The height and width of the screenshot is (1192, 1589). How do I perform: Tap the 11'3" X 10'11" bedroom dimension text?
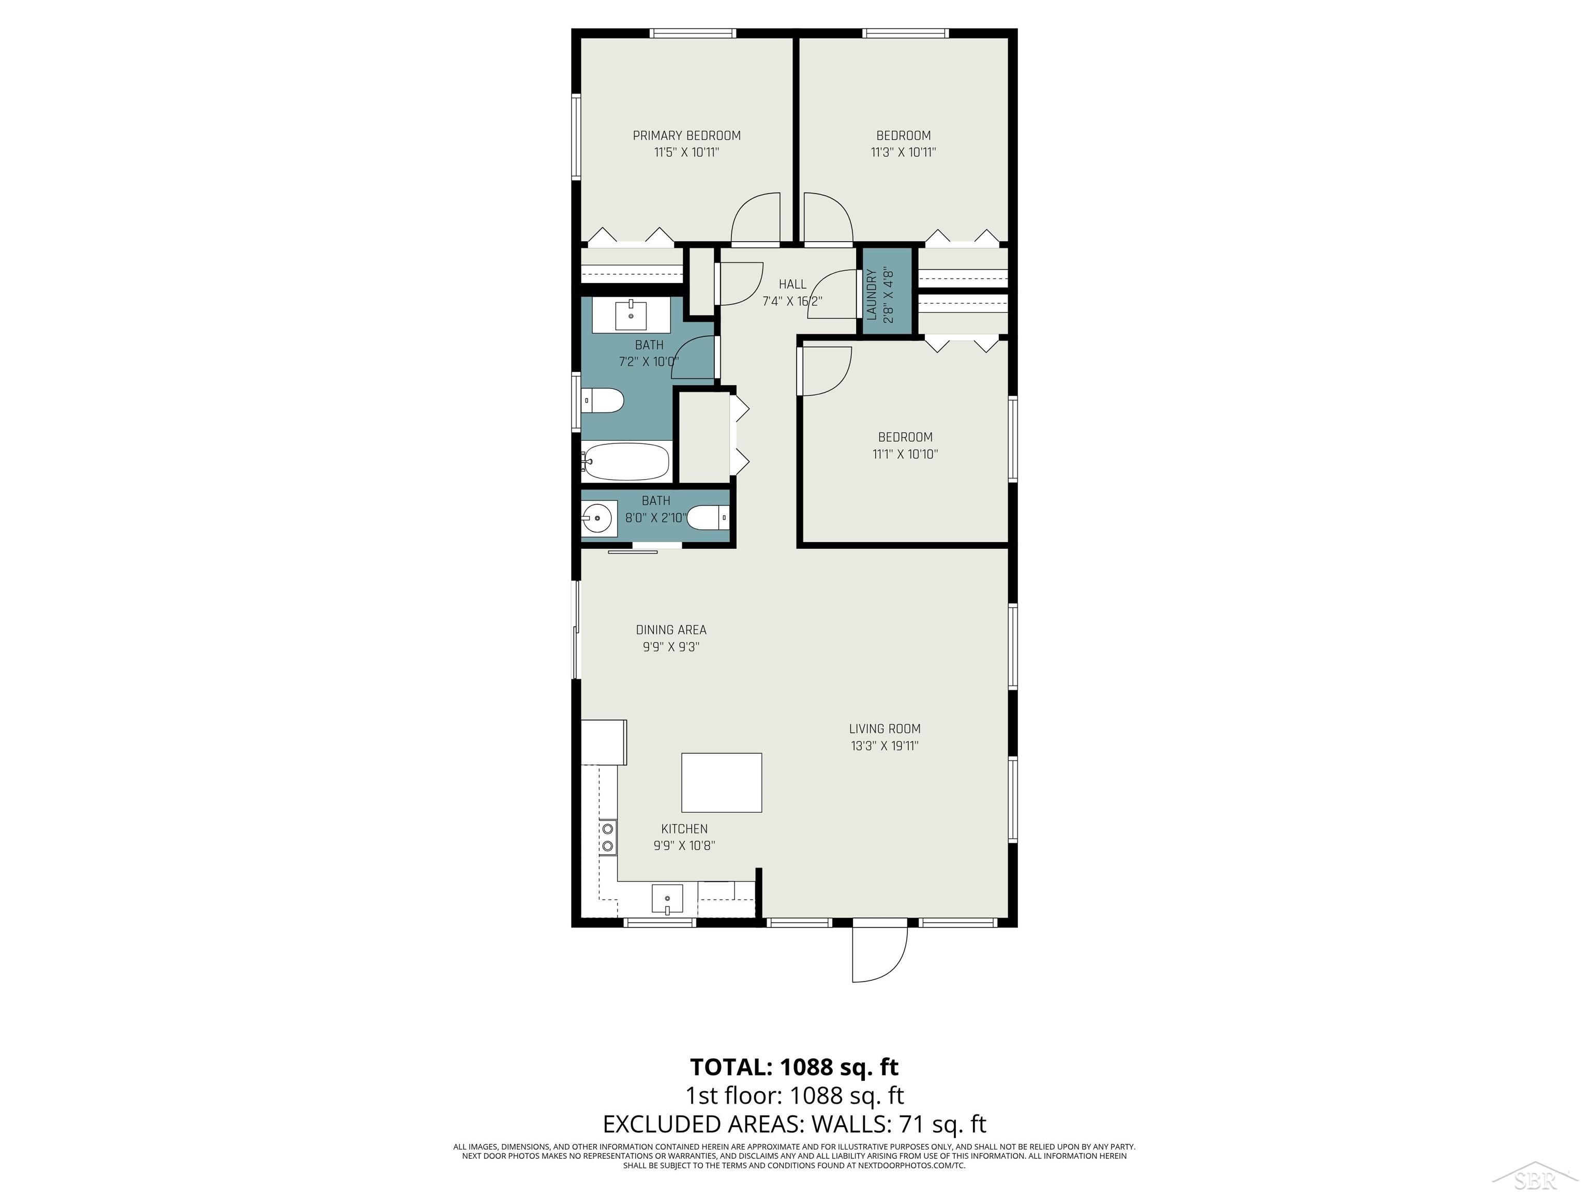click(903, 152)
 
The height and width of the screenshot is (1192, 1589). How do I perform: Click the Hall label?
click(792, 285)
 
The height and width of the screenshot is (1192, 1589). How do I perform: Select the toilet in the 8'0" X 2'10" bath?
click(708, 517)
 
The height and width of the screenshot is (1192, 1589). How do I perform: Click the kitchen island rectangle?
click(721, 782)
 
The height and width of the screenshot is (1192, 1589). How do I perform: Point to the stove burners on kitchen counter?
click(608, 838)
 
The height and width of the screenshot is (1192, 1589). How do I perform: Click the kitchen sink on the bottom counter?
click(667, 899)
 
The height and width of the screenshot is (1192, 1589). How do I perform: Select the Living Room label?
click(885, 728)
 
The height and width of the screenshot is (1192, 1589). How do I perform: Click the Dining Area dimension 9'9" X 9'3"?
click(671, 647)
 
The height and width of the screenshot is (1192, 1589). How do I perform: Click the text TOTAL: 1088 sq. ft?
click(794, 1066)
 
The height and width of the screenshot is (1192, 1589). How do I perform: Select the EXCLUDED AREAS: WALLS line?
click(794, 1124)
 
